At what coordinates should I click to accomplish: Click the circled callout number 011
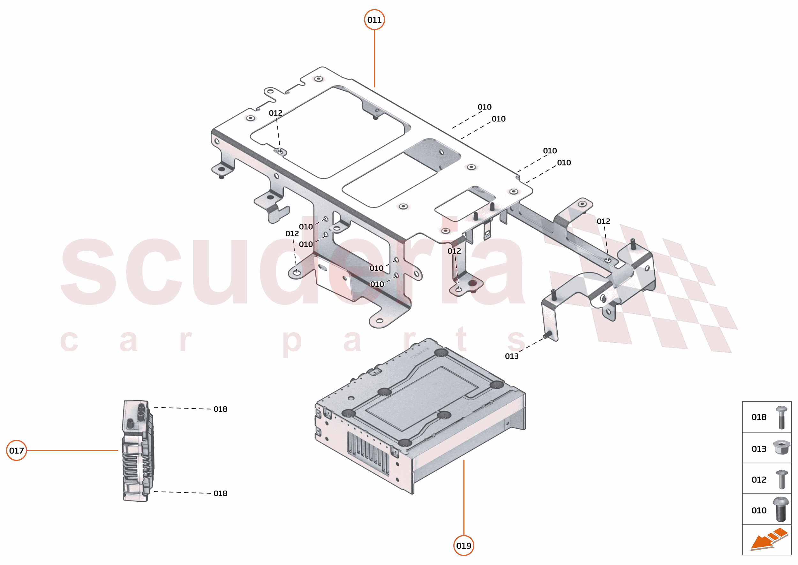click(x=374, y=20)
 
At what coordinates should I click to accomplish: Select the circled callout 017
click(x=16, y=451)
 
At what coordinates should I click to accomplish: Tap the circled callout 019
click(x=463, y=546)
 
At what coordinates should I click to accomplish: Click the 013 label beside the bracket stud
click(x=511, y=356)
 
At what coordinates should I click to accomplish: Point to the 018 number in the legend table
click(x=759, y=417)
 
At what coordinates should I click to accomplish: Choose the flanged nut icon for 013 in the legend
click(x=781, y=447)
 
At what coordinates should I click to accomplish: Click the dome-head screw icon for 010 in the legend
click(x=781, y=509)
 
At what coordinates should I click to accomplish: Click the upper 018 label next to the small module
click(x=221, y=409)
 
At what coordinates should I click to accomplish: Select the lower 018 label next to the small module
click(x=221, y=493)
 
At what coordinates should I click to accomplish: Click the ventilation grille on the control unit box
click(x=368, y=453)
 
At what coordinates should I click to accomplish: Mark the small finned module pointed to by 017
click(x=137, y=451)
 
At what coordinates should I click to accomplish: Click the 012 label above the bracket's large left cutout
click(x=275, y=113)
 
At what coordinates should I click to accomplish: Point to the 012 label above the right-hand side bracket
click(x=603, y=221)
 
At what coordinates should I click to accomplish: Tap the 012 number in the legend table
click(x=759, y=480)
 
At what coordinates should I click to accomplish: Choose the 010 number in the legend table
click(x=759, y=510)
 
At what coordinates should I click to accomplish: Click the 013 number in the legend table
click(x=759, y=449)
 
